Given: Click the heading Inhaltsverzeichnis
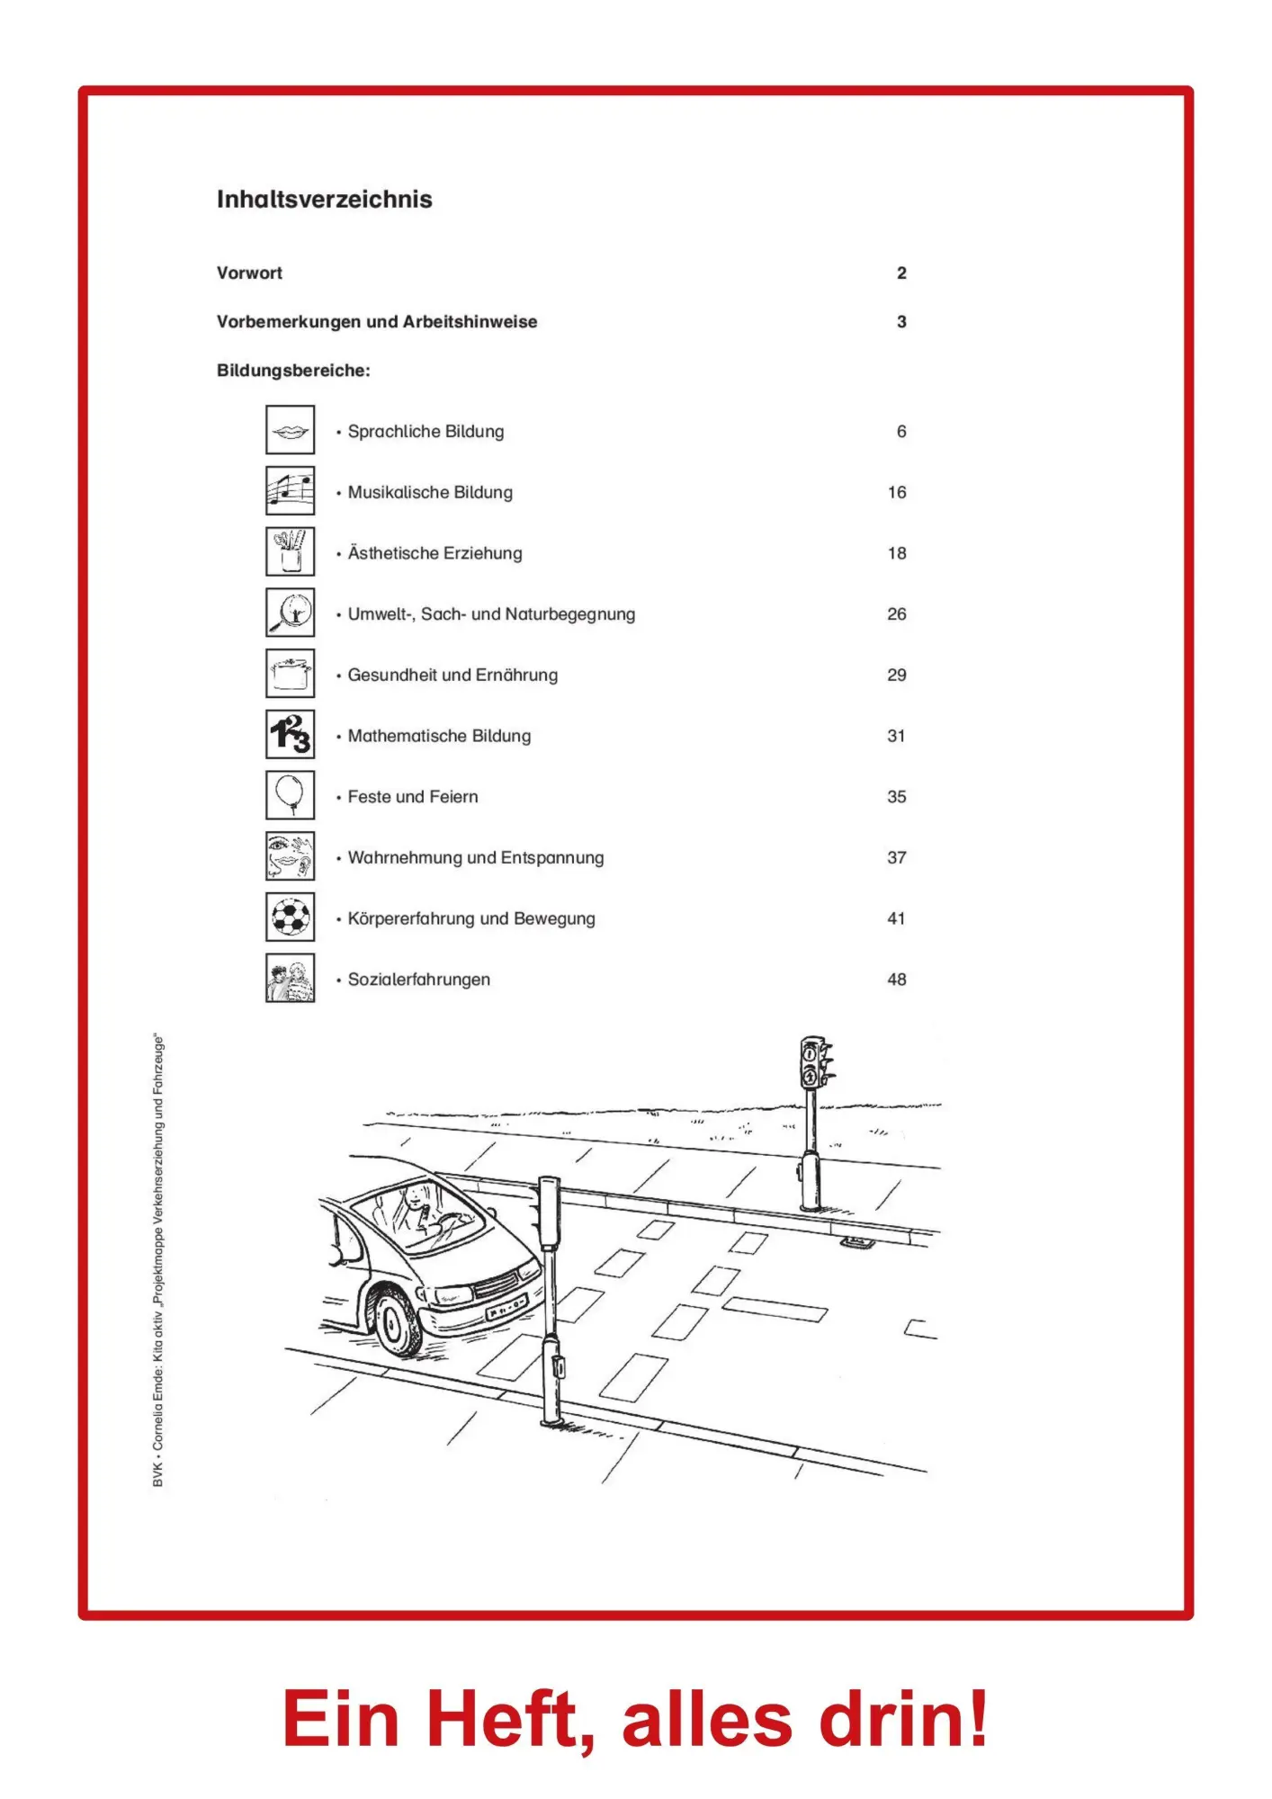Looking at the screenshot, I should point(324,199).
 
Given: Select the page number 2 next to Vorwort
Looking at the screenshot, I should point(901,273).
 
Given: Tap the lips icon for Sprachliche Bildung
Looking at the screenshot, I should point(290,430).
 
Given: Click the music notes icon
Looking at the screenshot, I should point(290,491).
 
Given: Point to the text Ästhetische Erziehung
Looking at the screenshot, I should point(434,553).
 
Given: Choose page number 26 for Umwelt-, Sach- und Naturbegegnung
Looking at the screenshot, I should point(896,614).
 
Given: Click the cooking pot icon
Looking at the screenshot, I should point(290,674).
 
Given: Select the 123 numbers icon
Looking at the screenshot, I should point(290,735).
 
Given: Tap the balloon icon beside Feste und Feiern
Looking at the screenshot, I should point(290,795).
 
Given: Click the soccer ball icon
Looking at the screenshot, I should point(290,917).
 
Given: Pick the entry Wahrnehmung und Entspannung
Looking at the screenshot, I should point(475,857).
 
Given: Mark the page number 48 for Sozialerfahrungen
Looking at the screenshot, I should point(896,980).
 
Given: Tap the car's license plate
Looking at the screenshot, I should point(506,1307).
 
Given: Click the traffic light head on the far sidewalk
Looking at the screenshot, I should point(812,1063).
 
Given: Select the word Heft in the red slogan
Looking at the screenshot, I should point(502,1720).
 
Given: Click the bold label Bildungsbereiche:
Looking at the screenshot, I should point(293,371).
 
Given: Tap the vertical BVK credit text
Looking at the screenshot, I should point(158,1259).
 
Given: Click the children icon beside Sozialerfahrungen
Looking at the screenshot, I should point(290,979).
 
